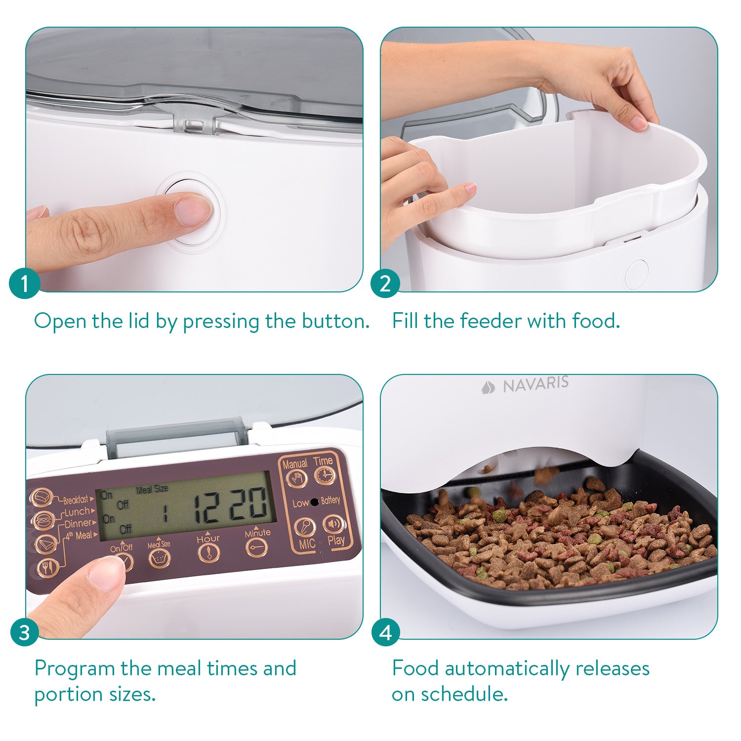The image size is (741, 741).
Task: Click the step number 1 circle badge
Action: click(x=24, y=284)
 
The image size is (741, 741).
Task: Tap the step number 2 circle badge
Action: click(x=385, y=284)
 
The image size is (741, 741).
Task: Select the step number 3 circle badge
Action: click(x=24, y=632)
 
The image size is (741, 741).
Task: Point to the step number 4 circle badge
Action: click(x=385, y=632)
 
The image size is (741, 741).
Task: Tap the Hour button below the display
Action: click(x=208, y=553)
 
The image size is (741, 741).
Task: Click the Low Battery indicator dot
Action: click(x=314, y=502)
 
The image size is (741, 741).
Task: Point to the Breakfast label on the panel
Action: click(x=76, y=500)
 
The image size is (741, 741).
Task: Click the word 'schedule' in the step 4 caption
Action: click(x=464, y=694)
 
